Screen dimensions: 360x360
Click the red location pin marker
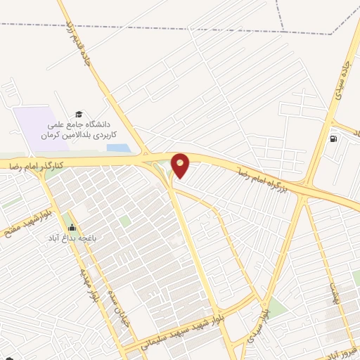point(181,165)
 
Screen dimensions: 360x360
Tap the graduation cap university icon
point(79,113)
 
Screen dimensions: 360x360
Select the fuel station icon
point(333,137)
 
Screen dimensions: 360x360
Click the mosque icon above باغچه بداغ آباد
point(71,226)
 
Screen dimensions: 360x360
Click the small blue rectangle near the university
point(118,148)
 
